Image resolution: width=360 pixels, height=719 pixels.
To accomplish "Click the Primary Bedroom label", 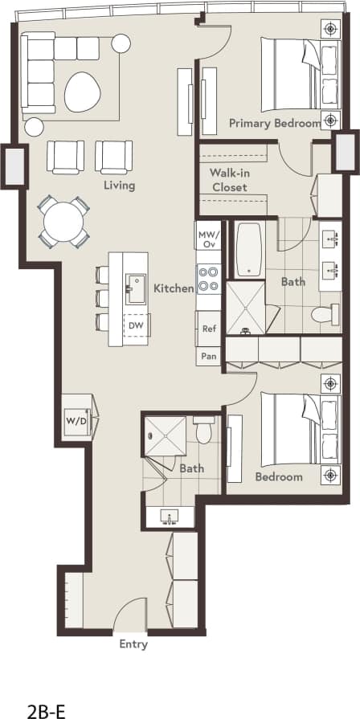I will click(274, 123).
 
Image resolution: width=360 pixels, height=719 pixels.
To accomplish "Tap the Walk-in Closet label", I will click(228, 180).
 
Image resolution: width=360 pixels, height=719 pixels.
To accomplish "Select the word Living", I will click(118, 186).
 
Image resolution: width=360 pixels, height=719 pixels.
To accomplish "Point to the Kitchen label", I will click(173, 288).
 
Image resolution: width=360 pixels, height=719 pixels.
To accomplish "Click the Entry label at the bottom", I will click(133, 643).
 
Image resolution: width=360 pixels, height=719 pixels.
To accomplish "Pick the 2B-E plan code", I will click(47, 689).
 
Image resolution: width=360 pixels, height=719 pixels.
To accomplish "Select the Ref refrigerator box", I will click(209, 329).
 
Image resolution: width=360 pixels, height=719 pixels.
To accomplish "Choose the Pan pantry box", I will click(209, 356).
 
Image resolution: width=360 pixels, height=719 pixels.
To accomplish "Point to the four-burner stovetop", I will click(208, 279).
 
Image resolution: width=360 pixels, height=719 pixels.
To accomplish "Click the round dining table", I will click(63, 221).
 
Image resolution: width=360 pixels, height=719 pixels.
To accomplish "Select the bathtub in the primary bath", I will click(250, 250).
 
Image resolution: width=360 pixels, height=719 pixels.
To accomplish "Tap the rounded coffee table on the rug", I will click(83, 92).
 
